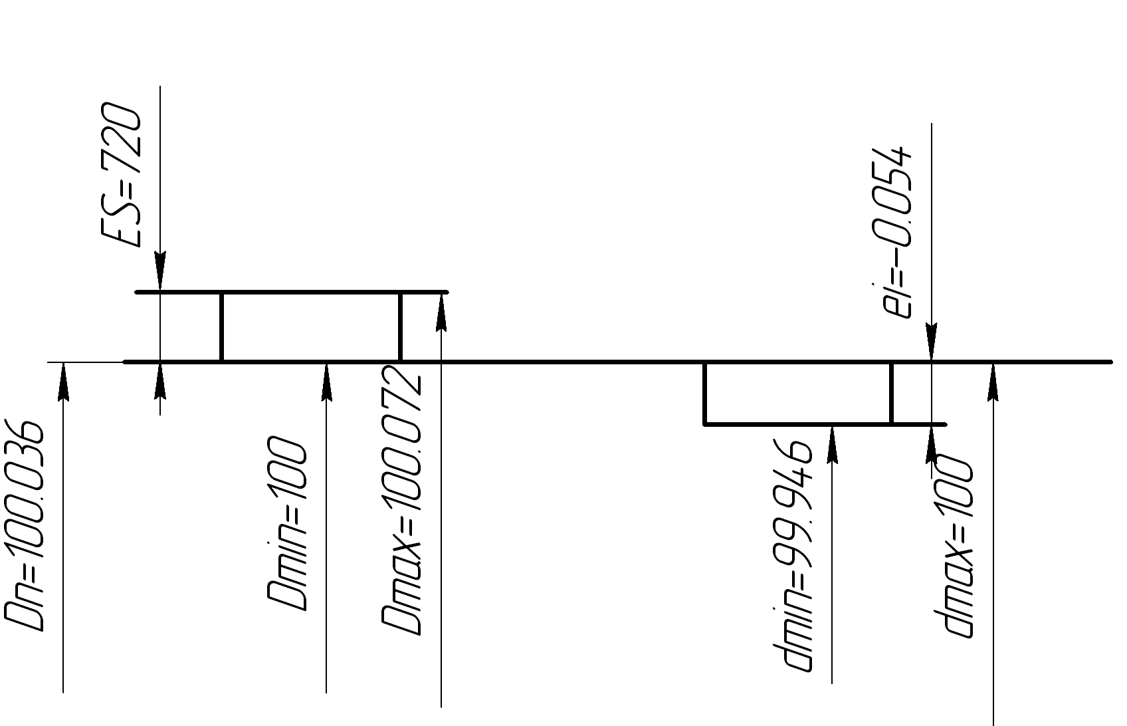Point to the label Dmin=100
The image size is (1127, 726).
point(287,524)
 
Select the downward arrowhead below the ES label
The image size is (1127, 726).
point(160,273)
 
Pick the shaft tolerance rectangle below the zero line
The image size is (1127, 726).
point(797,393)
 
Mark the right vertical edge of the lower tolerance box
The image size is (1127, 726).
point(891,393)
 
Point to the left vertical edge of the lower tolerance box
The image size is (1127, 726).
point(705,393)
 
